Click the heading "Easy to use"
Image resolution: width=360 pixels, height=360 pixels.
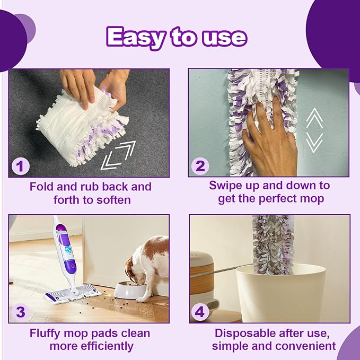pyautogui.click(x=177, y=37)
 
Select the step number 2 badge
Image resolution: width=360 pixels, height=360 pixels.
pyautogui.click(x=200, y=166)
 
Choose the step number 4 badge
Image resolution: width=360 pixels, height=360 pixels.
pyautogui.click(x=200, y=312)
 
